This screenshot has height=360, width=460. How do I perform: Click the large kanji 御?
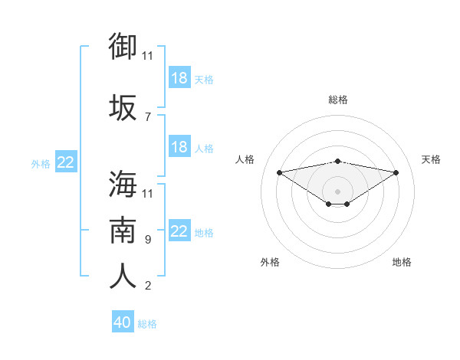click(x=123, y=46)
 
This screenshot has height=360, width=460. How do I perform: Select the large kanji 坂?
click(x=123, y=107)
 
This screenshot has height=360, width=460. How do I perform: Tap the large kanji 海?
click(x=123, y=184)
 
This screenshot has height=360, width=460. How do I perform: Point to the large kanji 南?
click(x=123, y=230)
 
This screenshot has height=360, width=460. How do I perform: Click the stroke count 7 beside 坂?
click(x=148, y=117)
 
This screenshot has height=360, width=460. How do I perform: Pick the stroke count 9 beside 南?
click(x=148, y=240)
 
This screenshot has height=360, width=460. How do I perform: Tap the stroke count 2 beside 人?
click(x=148, y=286)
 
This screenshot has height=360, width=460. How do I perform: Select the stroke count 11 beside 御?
click(x=147, y=56)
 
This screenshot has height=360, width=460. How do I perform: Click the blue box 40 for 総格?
click(x=123, y=321)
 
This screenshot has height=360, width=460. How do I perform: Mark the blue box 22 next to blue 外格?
click(x=66, y=162)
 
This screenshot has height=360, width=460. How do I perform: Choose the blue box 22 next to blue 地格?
click(x=180, y=230)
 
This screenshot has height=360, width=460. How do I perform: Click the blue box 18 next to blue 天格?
click(x=180, y=77)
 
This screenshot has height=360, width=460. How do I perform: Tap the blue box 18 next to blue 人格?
click(x=180, y=146)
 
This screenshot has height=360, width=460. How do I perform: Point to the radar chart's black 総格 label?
click(x=338, y=100)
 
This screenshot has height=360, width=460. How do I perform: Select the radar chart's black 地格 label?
click(x=402, y=262)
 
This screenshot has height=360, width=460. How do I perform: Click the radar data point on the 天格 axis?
click(x=396, y=172)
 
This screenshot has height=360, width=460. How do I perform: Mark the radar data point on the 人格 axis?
click(x=280, y=172)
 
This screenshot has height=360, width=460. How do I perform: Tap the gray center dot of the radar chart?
click(x=337, y=191)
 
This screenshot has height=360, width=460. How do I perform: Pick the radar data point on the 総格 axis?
click(x=337, y=162)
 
